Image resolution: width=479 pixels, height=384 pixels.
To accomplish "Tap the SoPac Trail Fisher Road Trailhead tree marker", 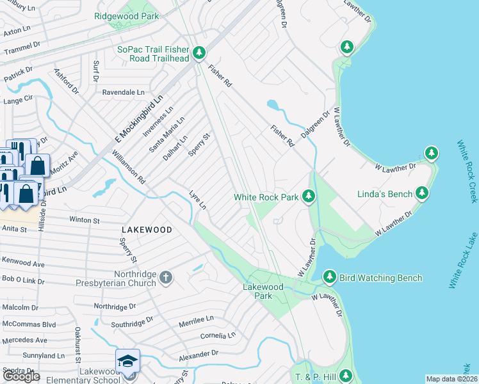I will tap(199, 52).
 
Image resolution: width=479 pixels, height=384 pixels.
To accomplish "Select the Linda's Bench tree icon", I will tap(422, 192).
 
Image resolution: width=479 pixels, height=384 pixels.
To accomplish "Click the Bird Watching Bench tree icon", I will tap(329, 276).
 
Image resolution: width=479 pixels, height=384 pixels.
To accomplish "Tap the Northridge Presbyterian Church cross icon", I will tap(166, 278).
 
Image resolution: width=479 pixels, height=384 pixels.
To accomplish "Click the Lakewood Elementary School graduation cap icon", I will tap(128, 361).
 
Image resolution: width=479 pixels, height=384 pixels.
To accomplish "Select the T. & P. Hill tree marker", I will tap(346, 376).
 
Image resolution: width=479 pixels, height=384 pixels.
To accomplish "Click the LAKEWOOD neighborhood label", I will tap(147, 229).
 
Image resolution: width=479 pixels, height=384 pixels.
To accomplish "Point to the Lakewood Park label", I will tap(263, 291).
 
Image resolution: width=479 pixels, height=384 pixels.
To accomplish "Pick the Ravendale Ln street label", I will tap(124, 92).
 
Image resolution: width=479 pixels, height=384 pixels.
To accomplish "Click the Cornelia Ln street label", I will tap(218, 335).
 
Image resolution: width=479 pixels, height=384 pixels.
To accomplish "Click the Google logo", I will tap(21, 376).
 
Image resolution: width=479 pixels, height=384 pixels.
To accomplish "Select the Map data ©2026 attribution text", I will tap(451, 379).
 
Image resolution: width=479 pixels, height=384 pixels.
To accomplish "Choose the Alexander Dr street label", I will tap(199, 353).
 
